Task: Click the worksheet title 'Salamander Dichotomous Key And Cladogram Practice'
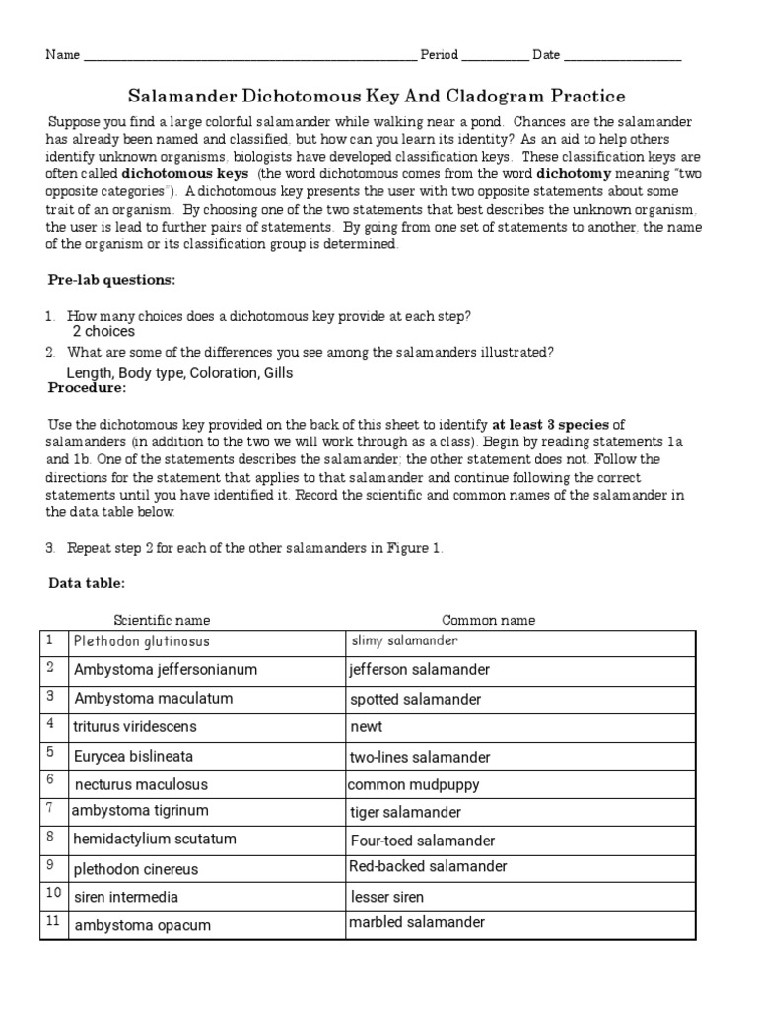point(378,96)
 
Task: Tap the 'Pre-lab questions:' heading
point(112,280)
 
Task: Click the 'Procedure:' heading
point(88,388)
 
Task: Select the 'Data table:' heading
point(87,583)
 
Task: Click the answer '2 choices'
point(103,332)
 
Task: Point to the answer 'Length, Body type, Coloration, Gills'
point(179,373)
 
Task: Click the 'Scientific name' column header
point(162,620)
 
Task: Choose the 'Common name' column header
point(488,620)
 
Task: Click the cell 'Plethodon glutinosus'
point(141,641)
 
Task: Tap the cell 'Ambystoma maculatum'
point(153,699)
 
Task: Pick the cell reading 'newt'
point(366,727)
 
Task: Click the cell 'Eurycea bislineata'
point(133,756)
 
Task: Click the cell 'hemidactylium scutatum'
point(155,840)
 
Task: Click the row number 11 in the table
point(52,923)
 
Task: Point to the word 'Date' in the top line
point(546,55)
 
